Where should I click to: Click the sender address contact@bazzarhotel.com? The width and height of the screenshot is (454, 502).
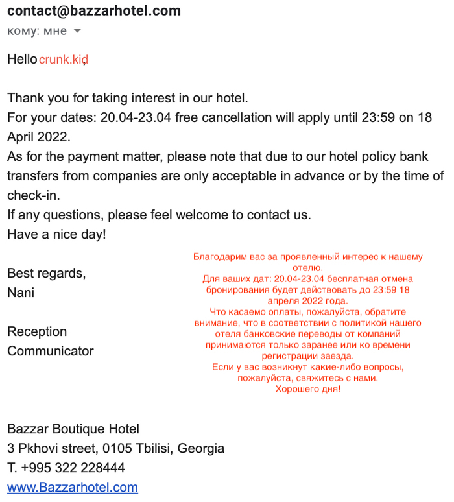(x=94, y=11)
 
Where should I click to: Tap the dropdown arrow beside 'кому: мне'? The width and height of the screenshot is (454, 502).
(x=77, y=31)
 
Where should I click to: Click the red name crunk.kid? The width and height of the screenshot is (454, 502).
(x=63, y=60)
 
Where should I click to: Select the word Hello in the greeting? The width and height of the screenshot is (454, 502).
(x=22, y=59)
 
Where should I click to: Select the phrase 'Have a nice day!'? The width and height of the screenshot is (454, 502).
(x=56, y=234)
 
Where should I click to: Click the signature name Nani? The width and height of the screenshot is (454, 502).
(x=21, y=293)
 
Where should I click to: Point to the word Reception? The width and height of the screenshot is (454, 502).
(x=37, y=331)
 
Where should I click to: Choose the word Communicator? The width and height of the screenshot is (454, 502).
(x=51, y=351)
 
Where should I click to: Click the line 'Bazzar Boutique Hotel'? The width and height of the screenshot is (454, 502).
(x=73, y=429)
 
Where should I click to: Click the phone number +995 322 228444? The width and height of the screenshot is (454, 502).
(x=73, y=468)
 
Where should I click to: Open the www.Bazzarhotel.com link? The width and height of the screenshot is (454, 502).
(x=73, y=487)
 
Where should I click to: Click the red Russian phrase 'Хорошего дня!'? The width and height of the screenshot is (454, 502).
(x=308, y=389)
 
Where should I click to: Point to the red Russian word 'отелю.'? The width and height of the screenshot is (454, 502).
(x=308, y=268)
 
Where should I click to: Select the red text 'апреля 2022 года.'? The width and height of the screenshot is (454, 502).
(x=308, y=301)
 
